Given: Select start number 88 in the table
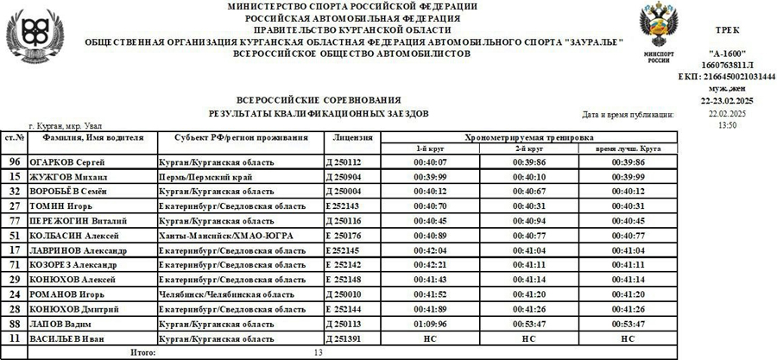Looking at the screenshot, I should [14, 324].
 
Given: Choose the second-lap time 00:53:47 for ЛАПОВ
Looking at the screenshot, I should [528, 324].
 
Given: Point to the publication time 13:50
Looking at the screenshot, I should [728, 125].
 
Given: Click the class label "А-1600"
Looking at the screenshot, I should [727, 53].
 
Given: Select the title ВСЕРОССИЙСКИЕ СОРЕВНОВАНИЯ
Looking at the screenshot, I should [319, 100].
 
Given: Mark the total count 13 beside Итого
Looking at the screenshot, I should [318, 352].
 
